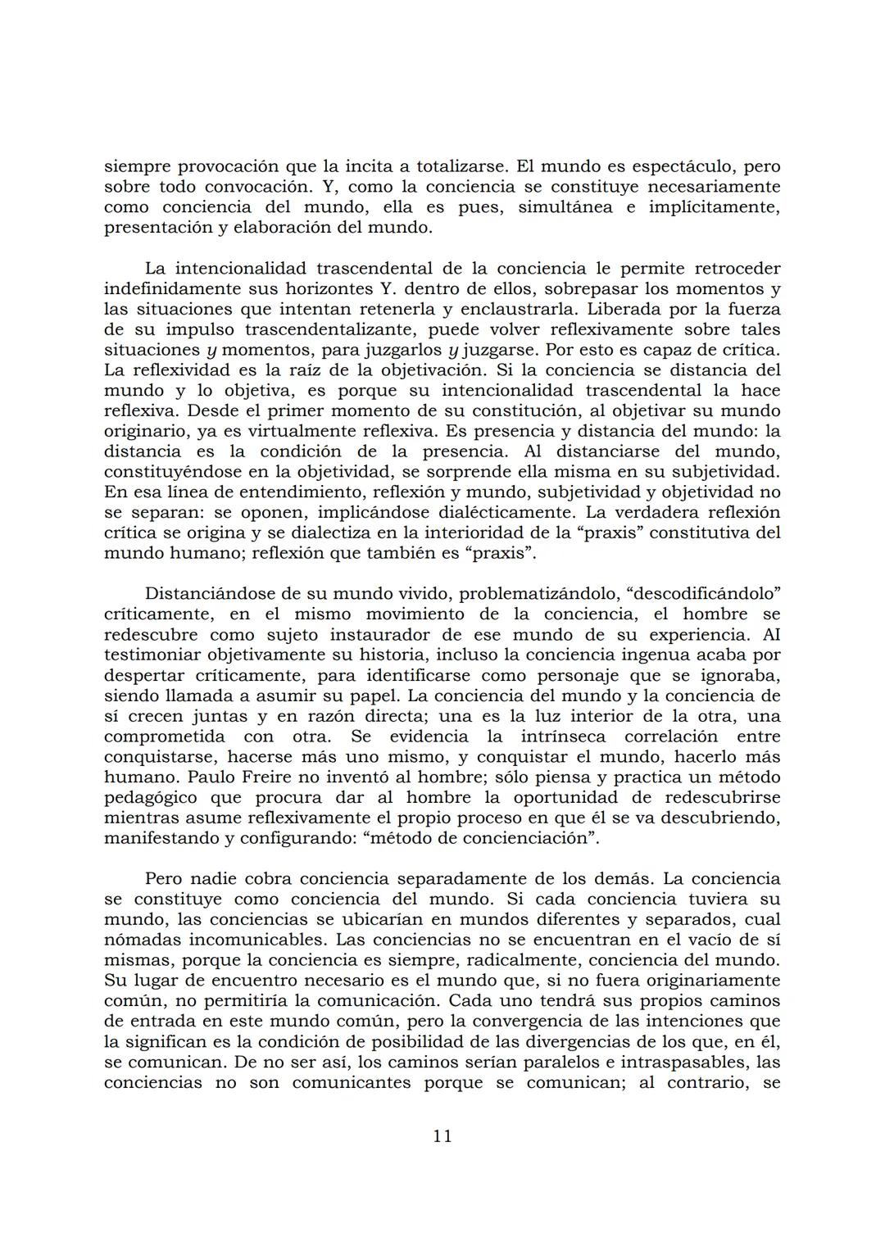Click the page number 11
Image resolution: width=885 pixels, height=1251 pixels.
pyautogui.click(x=442, y=1135)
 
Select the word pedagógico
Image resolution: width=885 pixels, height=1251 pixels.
pyautogui.click(x=151, y=797)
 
